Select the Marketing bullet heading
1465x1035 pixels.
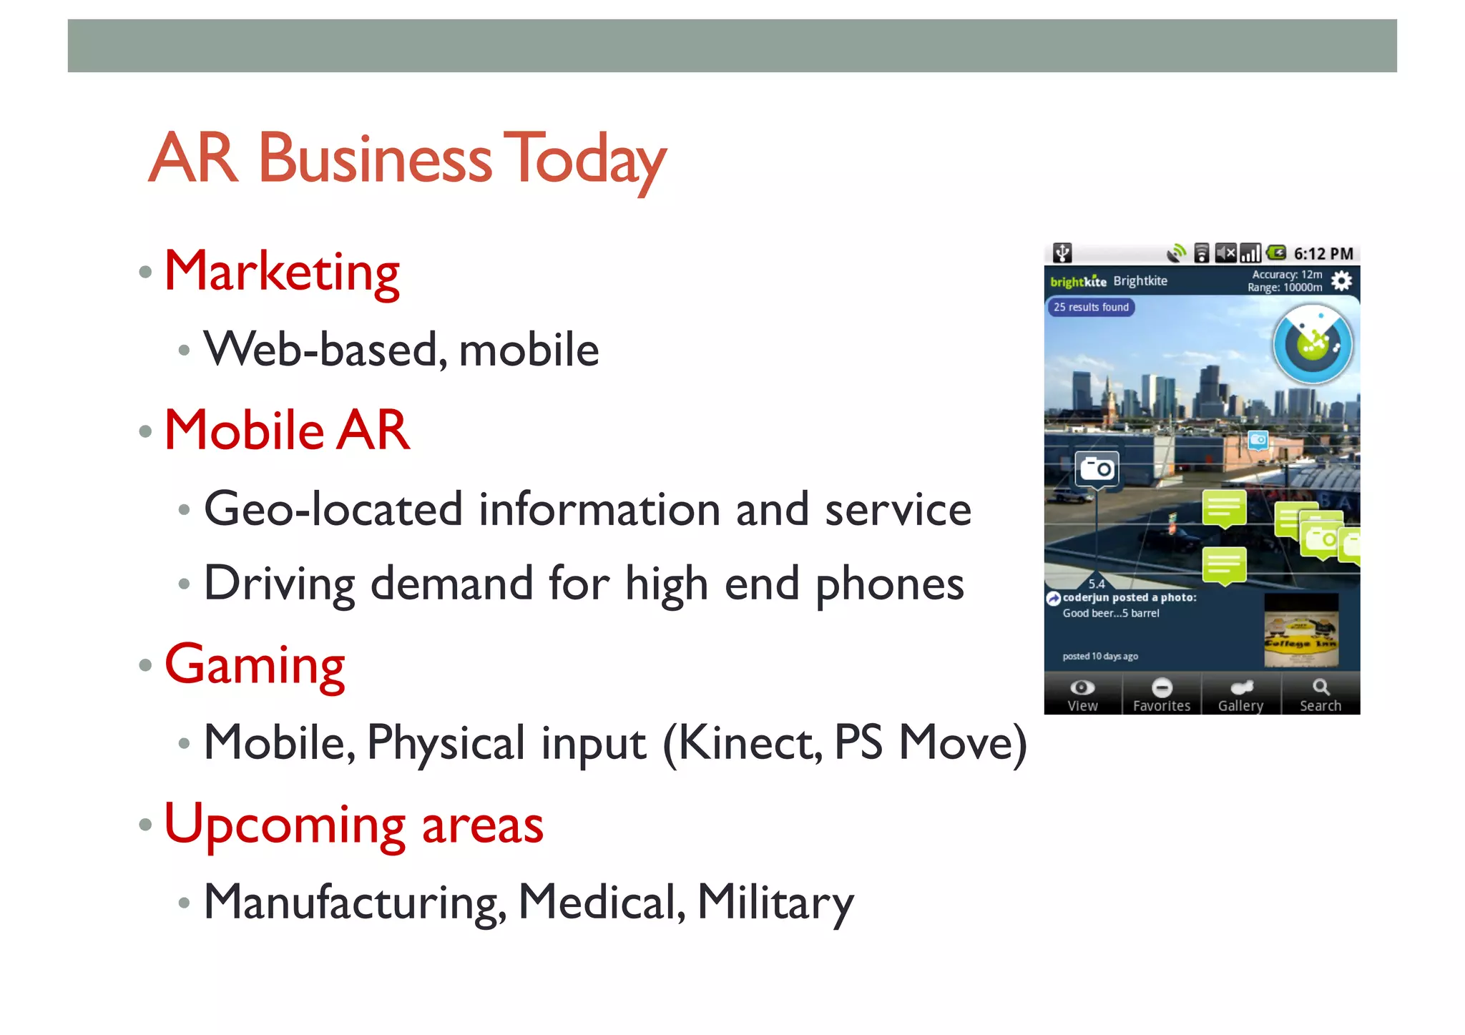(x=282, y=272)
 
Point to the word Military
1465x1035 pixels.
(x=775, y=902)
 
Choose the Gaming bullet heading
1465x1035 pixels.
(x=255, y=664)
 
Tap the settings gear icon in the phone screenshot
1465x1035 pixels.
(x=1341, y=280)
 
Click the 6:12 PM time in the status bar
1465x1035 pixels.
(x=1323, y=254)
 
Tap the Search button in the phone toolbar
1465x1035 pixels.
(x=1321, y=695)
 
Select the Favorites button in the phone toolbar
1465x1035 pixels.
(x=1162, y=695)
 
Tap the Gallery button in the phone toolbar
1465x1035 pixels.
(x=1241, y=695)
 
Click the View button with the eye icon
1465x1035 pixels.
(x=1082, y=695)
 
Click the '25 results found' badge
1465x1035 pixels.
(x=1091, y=307)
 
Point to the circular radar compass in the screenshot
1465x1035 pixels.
(x=1313, y=345)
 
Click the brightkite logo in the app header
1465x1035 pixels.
(x=1078, y=281)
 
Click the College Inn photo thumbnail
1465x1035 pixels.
(x=1300, y=630)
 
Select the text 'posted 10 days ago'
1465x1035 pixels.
(x=1100, y=656)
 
